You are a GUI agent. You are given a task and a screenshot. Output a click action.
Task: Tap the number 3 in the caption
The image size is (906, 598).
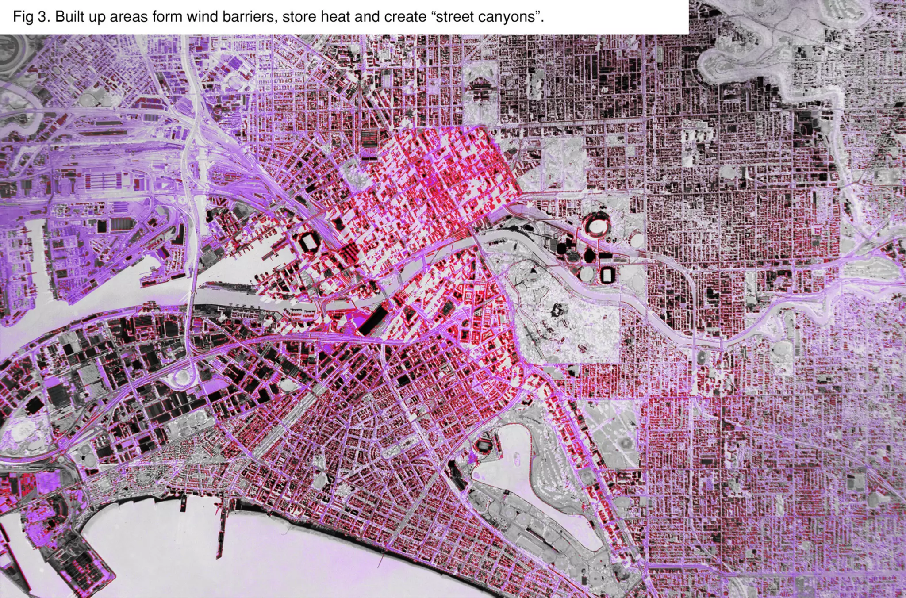tap(43, 17)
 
